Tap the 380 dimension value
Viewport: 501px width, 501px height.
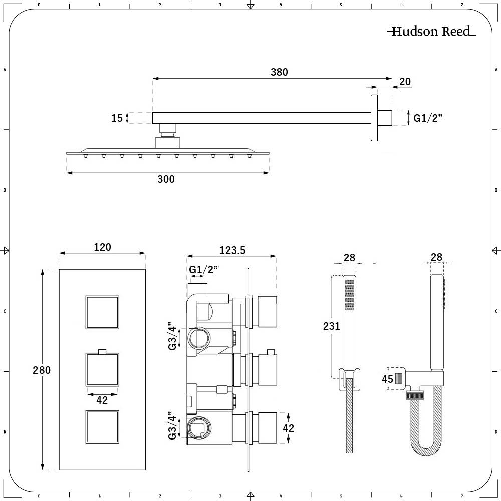pos(279,72)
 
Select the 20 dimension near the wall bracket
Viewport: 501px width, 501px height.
pos(405,82)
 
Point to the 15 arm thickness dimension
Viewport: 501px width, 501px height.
pos(117,118)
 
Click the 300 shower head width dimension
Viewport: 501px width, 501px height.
pos(166,179)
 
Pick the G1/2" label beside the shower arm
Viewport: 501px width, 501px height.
pos(428,118)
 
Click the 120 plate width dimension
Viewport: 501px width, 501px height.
pos(102,247)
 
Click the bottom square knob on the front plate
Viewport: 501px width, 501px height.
pos(102,427)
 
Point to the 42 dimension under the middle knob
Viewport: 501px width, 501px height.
pos(102,400)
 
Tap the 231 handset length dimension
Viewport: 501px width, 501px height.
pos(332,326)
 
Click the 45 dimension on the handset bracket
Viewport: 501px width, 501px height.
pos(387,379)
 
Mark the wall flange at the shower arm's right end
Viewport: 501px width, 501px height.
pos(374,118)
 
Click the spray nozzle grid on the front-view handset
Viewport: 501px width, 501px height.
pos(349,295)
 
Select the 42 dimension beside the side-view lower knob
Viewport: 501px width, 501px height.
pos(288,428)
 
